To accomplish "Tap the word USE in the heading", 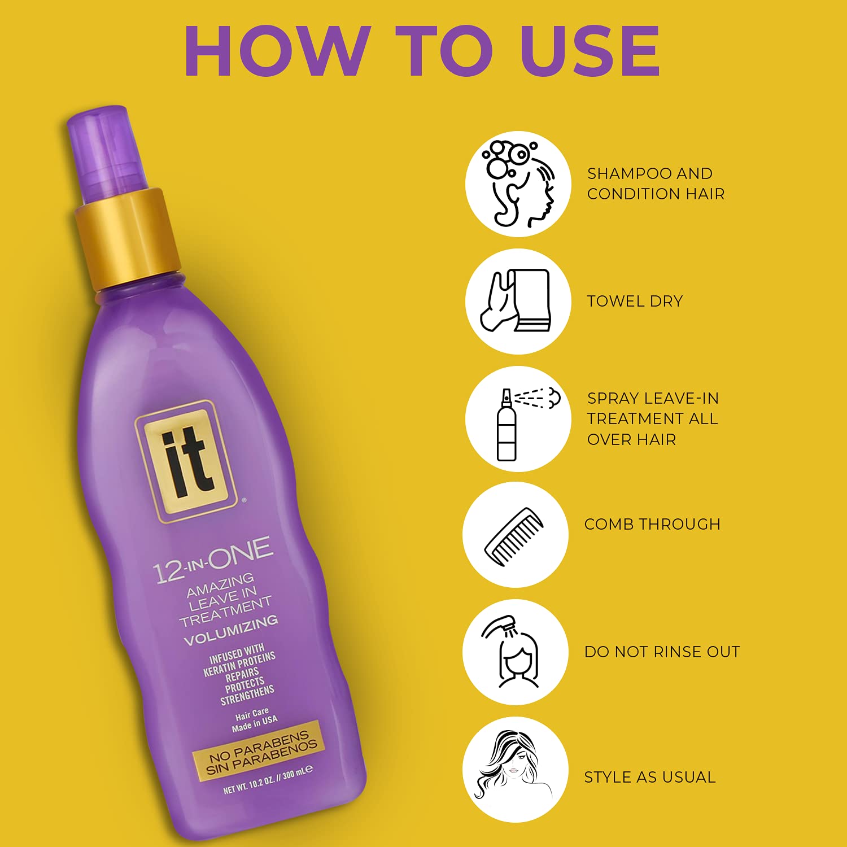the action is click(x=590, y=51).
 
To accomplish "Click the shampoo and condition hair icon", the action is click(x=518, y=184).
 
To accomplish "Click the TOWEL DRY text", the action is click(x=635, y=302).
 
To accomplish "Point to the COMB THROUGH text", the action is click(x=652, y=524).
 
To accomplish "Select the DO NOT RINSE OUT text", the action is click(x=662, y=652).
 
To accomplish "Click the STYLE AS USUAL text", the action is click(x=650, y=777).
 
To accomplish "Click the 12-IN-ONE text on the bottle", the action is click(x=213, y=560).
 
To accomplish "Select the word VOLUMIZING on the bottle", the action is click(x=231, y=630).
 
